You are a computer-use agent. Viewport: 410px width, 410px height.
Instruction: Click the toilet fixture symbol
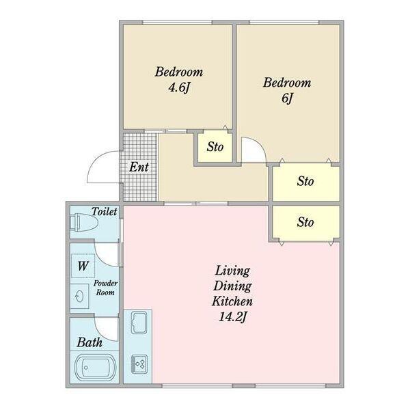(x=85, y=222)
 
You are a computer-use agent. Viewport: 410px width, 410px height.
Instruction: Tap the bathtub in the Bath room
(x=95, y=368)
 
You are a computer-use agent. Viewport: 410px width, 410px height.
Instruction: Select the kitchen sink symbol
(x=139, y=323)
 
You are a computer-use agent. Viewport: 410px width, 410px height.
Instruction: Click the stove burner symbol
(x=139, y=364)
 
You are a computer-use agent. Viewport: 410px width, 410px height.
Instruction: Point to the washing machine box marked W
(x=83, y=266)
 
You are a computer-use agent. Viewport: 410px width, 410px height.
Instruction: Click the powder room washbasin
(x=79, y=297)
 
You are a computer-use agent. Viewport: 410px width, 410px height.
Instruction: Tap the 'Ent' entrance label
(x=139, y=167)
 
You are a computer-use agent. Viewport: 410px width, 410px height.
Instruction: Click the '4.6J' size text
(x=179, y=87)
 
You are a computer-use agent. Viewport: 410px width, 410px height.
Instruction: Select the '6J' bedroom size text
(x=288, y=98)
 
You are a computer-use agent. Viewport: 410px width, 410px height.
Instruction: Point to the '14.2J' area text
(x=233, y=317)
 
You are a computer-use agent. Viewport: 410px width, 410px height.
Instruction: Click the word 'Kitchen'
(x=232, y=301)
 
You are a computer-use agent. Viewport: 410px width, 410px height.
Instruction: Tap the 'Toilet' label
(x=105, y=211)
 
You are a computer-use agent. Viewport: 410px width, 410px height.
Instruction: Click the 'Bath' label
(x=90, y=342)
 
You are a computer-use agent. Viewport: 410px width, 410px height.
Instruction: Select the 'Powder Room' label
(x=105, y=288)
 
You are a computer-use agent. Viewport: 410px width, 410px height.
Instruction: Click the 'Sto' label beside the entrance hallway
(x=215, y=147)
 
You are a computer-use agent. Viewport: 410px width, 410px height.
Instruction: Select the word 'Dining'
(x=232, y=286)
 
